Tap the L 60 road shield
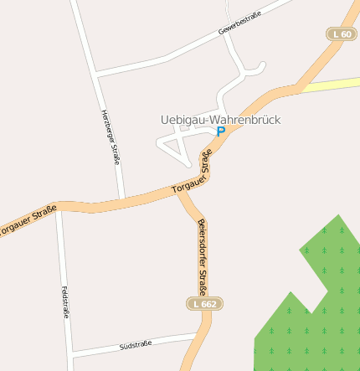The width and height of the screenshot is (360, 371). (x=341, y=33)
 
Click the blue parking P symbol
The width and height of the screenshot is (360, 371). (x=221, y=131)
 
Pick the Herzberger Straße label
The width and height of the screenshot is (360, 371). (x=111, y=136)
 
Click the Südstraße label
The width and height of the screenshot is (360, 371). (x=135, y=345)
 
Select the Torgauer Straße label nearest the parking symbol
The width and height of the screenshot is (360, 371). (x=193, y=173)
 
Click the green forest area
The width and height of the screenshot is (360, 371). (x=318, y=310)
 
